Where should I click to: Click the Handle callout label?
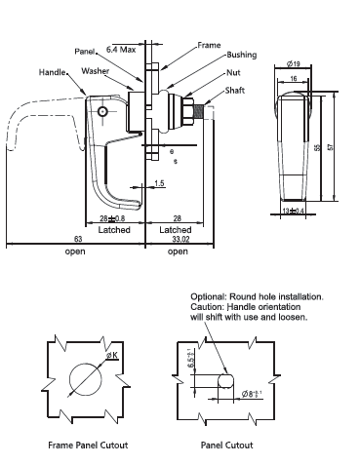tap(53, 72)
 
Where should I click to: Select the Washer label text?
tap(96, 71)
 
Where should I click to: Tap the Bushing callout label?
tap(242, 55)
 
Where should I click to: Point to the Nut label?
tap(233, 72)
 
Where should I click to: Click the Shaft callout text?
tap(235, 91)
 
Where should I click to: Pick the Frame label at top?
tap(209, 45)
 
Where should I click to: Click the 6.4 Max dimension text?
tap(121, 50)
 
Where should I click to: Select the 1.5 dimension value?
tap(159, 183)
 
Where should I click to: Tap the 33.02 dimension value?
tap(180, 240)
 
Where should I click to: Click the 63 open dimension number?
tap(78, 239)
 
